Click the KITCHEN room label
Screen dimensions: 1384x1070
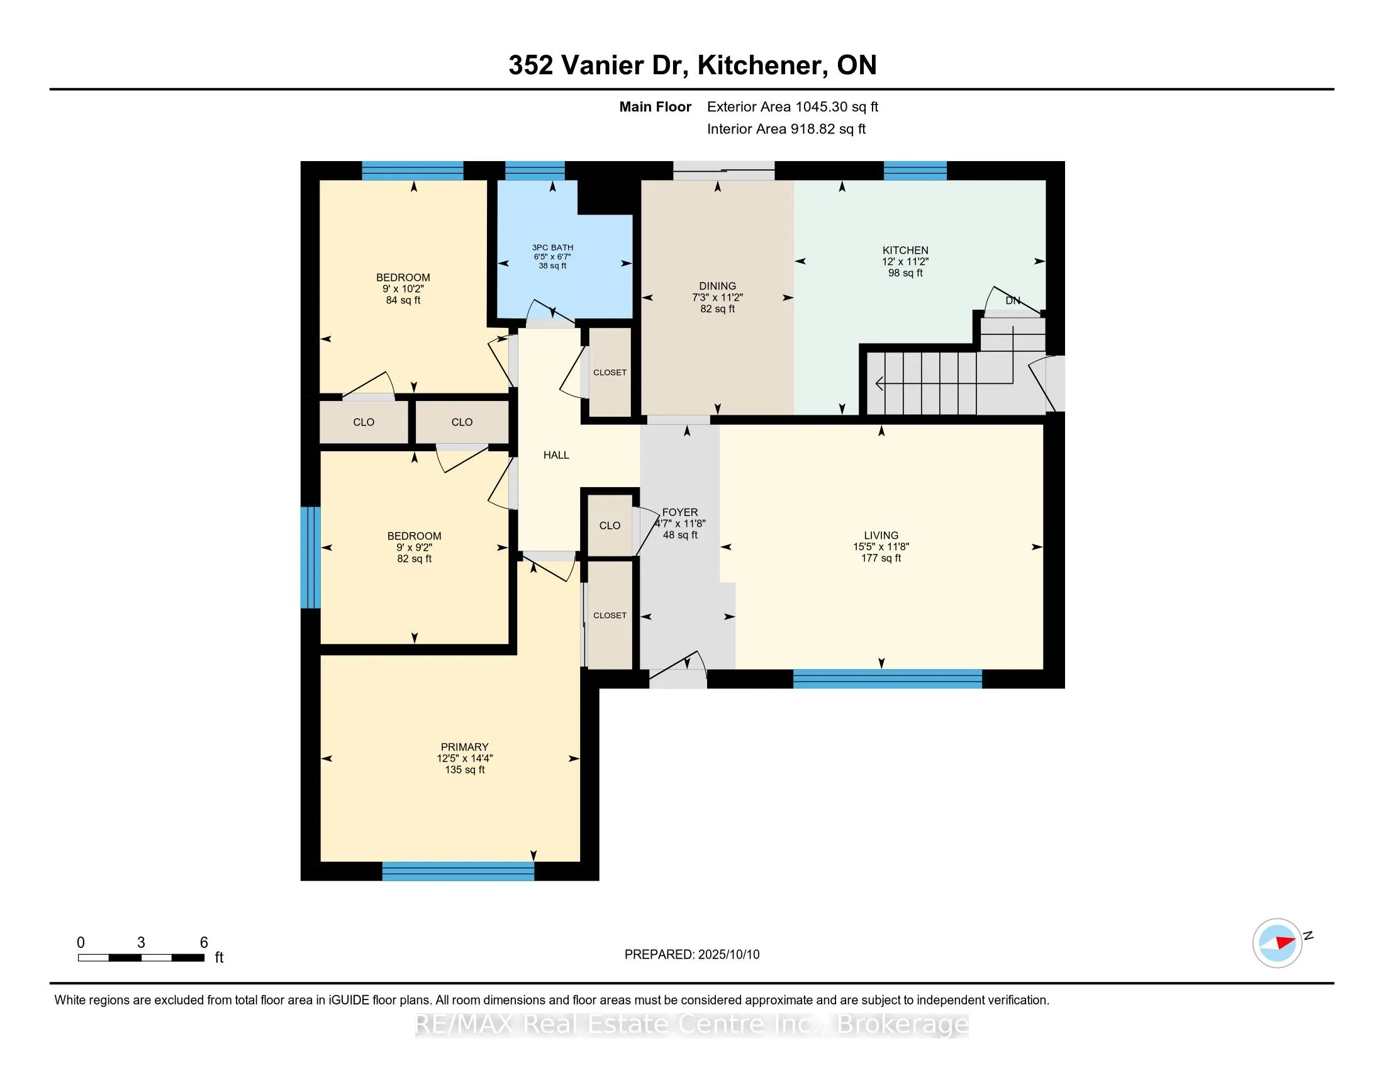click(x=905, y=251)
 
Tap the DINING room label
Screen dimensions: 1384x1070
click(x=717, y=286)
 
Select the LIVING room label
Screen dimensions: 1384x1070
click(x=881, y=535)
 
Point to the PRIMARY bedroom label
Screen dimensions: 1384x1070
click(x=464, y=746)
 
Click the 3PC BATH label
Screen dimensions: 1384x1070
click(x=552, y=247)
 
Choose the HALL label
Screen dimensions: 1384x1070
click(x=556, y=455)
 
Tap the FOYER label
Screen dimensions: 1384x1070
click(x=680, y=512)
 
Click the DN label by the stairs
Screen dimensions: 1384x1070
click(x=1013, y=300)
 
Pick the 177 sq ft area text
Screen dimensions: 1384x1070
click(x=881, y=558)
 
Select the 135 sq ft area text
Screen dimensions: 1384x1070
click(x=464, y=770)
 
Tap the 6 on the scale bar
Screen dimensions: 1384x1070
click(x=204, y=942)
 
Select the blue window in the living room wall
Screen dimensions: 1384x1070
click(x=887, y=679)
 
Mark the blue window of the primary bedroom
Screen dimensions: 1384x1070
click(x=458, y=871)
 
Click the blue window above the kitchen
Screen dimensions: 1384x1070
click(x=915, y=171)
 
